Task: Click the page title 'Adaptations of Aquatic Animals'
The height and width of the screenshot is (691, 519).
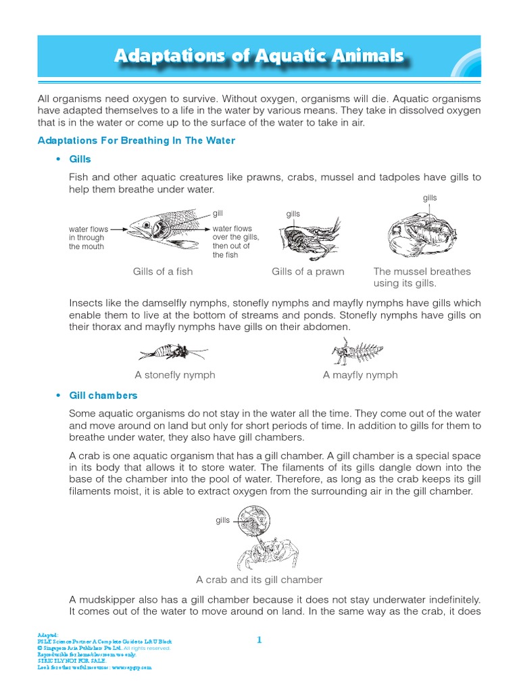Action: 259,56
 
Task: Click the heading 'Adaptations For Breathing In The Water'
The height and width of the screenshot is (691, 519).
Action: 136,140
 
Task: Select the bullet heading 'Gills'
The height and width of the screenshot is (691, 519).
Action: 80,159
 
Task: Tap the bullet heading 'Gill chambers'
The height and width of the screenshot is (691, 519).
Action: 103,395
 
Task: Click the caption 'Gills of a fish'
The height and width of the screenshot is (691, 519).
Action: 163,272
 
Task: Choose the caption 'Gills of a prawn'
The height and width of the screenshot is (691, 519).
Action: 307,272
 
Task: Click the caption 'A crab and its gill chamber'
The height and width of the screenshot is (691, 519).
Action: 259,580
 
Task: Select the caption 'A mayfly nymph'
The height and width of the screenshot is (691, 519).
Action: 360,375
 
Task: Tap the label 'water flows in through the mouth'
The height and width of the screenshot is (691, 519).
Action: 86,238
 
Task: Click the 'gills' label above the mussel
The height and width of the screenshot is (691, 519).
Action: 430,198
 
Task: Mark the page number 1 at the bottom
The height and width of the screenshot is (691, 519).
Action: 259,639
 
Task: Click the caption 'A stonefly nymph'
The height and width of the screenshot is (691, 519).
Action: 175,375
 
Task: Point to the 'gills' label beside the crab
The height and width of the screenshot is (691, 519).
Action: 222,521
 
